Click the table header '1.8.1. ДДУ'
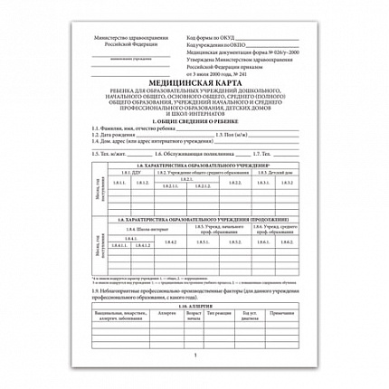(x=120, y=174)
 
